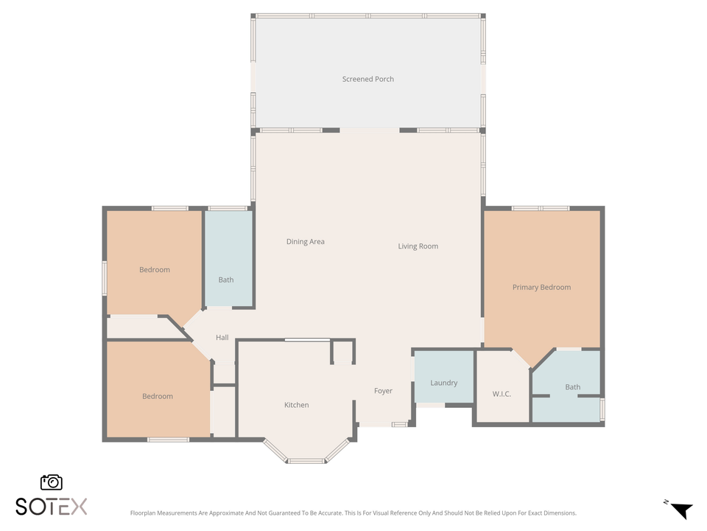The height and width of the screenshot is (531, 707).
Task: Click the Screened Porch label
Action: point(367,79)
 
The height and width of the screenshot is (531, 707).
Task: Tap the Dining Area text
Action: point(305,242)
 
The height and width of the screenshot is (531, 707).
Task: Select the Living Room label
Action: point(418,246)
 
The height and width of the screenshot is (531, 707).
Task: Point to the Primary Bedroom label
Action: point(541,287)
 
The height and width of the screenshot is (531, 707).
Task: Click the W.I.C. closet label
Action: point(502,394)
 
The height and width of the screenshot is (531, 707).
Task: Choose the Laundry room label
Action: point(443,383)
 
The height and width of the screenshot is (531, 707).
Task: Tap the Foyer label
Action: point(383,391)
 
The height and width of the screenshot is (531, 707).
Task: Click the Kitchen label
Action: point(296,405)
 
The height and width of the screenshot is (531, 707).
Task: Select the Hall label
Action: point(222,338)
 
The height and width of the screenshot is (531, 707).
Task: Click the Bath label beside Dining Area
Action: point(225,280)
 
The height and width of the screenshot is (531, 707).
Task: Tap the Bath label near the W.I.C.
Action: point(572,387)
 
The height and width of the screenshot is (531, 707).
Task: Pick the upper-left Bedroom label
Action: point(154,270)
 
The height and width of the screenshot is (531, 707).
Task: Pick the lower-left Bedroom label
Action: point(157,397)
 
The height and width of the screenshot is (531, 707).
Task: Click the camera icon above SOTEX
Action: point(52,482)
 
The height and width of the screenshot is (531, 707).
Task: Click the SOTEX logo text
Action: point(52,507)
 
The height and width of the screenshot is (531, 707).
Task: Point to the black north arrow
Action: point(682,510)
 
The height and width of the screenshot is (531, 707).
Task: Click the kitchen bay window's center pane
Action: point(306,461)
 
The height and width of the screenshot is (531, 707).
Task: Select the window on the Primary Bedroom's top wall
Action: point(541,209)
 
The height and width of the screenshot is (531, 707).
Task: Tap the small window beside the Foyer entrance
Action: point(399,424)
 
